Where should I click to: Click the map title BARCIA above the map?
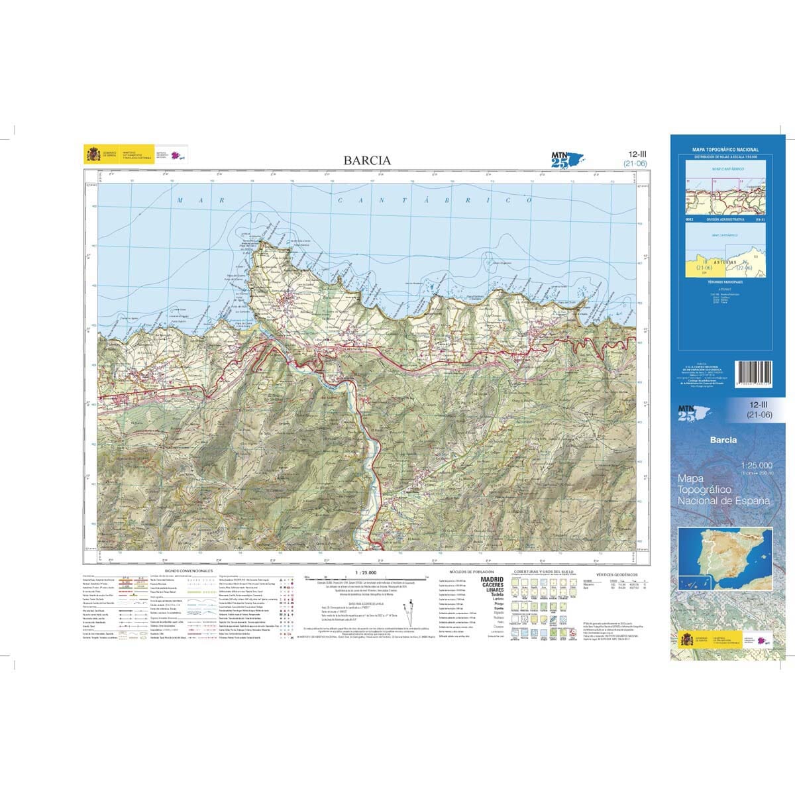[x=367, y=160]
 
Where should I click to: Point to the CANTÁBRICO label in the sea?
[x=435, y=199]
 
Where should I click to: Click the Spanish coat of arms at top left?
[x=92, y=154]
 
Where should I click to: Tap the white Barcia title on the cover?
[x=723, y=439]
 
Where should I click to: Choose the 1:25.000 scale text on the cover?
[x=756, y=465]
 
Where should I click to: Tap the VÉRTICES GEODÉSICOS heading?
[x=616, y=574]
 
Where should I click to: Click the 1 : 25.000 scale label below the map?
[x=366, y=572]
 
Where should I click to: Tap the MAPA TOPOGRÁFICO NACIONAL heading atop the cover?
[x=725, y=150]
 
